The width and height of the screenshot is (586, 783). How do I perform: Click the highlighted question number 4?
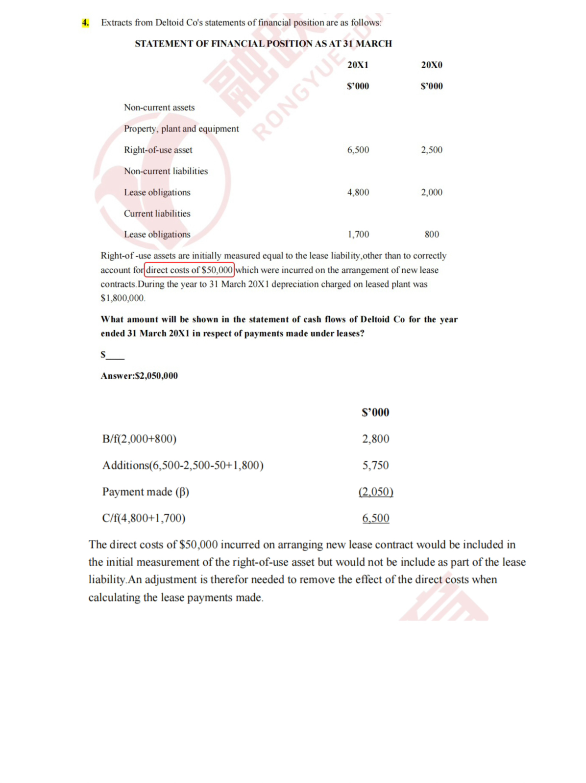pos(86,23)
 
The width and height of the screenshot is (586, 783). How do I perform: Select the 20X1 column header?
pos(358,65)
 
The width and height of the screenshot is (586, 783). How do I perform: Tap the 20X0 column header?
pos(432,65)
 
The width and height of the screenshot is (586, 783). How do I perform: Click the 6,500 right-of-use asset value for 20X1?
pos(358,150)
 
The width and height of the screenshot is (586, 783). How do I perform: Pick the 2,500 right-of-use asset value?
pos(432,150)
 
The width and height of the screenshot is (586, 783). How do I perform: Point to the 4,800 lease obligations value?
pos(358,192)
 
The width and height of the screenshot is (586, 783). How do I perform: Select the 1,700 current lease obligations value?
pos(358,235)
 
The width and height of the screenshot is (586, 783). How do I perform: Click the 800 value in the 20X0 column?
pos(432,235)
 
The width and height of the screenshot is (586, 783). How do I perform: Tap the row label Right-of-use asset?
pos(158,150)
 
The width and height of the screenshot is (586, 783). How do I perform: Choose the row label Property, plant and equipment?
pos(181,129)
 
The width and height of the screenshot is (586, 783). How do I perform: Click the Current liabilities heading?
pos(157,213)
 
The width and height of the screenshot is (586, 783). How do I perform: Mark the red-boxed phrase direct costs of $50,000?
pos(189,270)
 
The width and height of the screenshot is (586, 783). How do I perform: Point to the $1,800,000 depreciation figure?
pos(123,298)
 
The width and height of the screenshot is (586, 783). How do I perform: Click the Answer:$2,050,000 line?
pos(139,376)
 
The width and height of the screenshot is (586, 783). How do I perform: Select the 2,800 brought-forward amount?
pos(376,439)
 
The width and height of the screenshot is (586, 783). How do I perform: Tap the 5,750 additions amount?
pos(376,465)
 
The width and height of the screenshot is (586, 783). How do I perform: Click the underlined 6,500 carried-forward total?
pos(376,518)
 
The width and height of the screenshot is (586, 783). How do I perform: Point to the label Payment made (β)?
pos(146,492)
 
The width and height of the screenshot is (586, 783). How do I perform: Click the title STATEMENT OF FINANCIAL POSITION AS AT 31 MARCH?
pos(263,44)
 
